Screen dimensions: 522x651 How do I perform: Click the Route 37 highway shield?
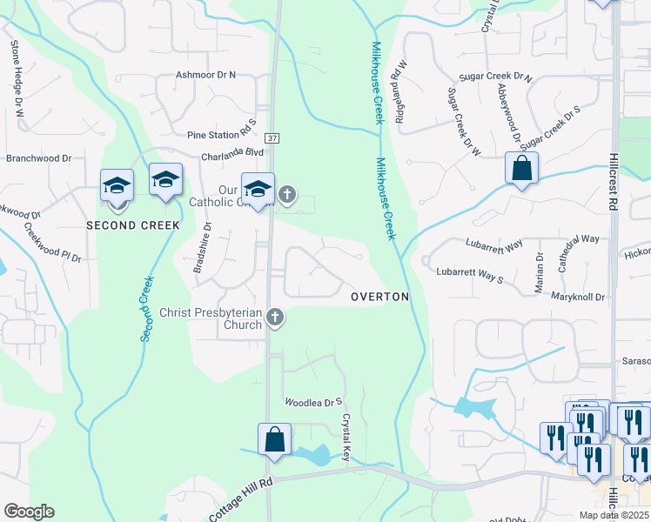272,138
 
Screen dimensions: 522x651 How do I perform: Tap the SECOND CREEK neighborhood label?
132,225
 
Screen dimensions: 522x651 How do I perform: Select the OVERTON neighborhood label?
379,297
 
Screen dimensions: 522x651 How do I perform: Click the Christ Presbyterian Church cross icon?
275,318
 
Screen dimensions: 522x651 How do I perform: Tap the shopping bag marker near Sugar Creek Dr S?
521,168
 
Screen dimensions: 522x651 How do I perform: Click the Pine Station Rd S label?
222,135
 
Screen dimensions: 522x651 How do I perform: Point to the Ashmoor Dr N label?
206,76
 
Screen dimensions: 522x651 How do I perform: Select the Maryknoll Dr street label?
578,297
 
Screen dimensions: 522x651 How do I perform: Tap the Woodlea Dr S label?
315,402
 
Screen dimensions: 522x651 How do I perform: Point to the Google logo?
29,512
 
